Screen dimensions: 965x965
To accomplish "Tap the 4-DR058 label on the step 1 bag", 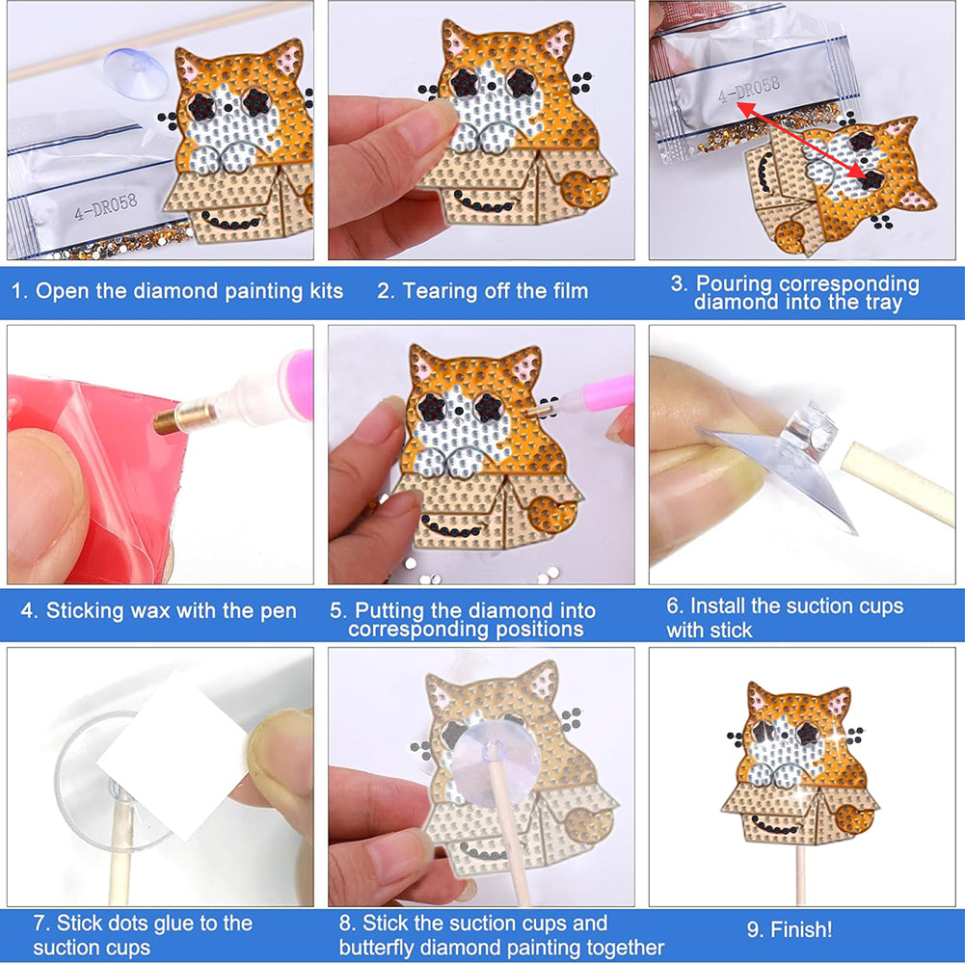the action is (x=106, y=207).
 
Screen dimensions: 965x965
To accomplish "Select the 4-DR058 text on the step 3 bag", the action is (x=749, y=90).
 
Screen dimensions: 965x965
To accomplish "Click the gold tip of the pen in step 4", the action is (x=168, y=417).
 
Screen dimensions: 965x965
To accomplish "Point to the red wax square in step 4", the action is (x=93, y=474).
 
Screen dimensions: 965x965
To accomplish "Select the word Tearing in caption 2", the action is (x=440, y=291).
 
